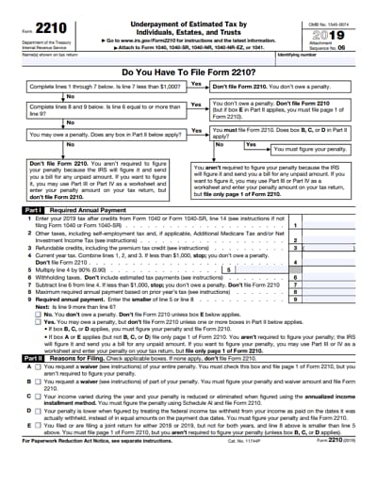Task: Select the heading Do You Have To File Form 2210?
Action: coord(188,72)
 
